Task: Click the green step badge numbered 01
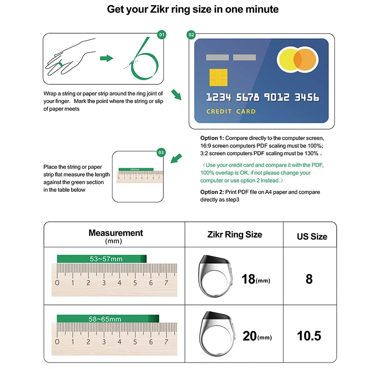(x=161, y=35)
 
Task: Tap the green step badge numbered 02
(x=191, y=35)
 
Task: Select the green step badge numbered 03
(x=161, y=152)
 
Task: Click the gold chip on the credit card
(x=218, y=77)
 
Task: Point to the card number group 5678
(x=248, y=97)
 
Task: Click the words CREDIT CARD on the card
(x=231, y=111)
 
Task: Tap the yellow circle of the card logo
(x=289, y=60)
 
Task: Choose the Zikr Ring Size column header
(x=234, y=234)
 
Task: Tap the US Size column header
(x=312, y=237)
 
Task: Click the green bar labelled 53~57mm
(x=101, y=259)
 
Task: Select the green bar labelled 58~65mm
(x=107, y=319)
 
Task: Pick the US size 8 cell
(x=309, y=279)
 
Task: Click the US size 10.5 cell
(x=309, y=336)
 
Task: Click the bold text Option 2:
(x=212, y=192)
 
